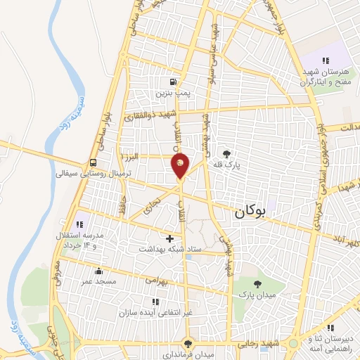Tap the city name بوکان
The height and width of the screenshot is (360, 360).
[251, 210]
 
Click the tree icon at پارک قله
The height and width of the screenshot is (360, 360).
[226, 153]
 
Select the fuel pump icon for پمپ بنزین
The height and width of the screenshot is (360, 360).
[173, 81]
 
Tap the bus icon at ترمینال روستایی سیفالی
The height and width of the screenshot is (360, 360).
[94, 162]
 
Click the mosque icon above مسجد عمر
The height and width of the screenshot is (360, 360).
[98, 271]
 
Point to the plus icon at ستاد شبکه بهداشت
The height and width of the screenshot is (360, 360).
[169, 238]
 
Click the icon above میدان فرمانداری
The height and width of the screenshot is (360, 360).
[187, 343]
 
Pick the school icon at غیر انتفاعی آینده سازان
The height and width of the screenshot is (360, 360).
[155, 302]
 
